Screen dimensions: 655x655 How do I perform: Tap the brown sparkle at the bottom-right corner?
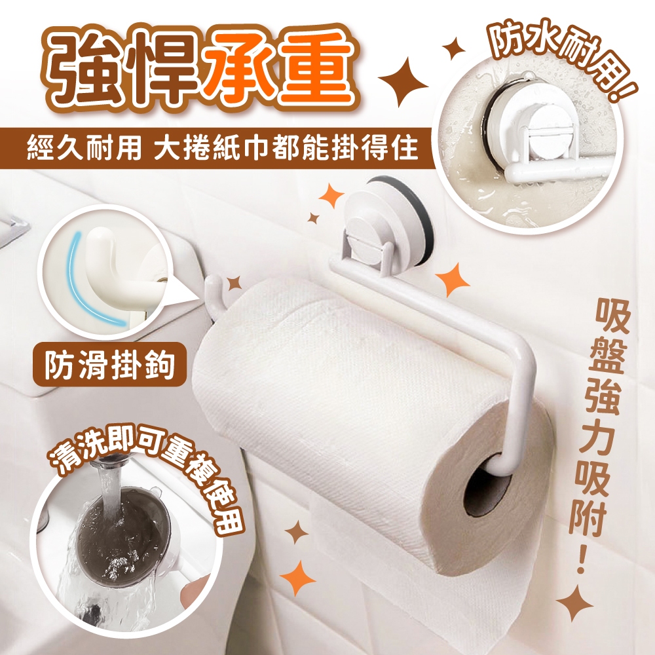coord(575,605)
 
